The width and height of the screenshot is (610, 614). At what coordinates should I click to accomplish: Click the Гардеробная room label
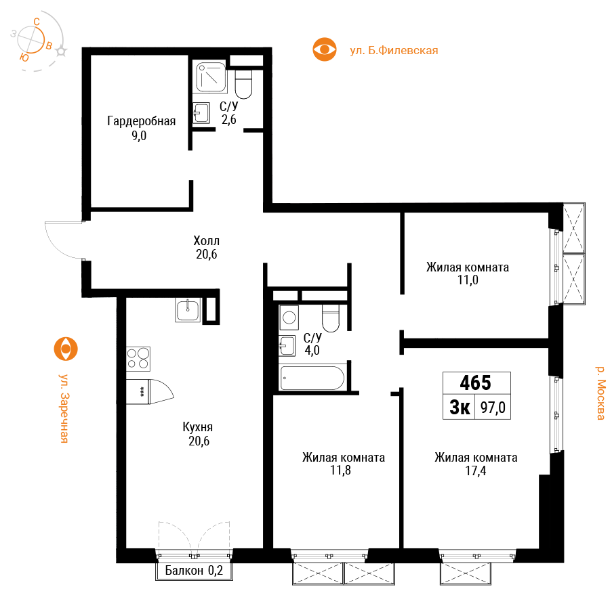tap(141, 121)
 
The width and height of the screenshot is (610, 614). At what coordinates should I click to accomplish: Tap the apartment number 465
tap(476, 382)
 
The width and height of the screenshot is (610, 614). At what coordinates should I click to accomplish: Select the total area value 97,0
tap(493, 408)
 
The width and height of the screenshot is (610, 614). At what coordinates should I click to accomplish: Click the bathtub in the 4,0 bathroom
tap(312, 378)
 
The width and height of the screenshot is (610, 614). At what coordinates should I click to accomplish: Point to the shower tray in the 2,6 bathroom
tap(211, 76)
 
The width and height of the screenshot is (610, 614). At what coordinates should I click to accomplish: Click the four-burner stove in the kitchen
tap(138, 359)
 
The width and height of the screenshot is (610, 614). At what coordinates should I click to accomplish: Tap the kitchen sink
tap(188, 310)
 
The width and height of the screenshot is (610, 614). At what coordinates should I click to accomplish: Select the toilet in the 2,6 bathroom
tap(243, 84)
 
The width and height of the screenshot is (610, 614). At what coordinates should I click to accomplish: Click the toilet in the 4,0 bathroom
tap(331, 318)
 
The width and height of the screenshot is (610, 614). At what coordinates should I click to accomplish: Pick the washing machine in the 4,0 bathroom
tap(289, 317)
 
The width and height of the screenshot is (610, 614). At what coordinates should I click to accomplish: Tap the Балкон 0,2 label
tap(194, 571)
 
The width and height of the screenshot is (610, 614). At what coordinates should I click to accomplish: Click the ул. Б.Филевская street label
tap(394, 51)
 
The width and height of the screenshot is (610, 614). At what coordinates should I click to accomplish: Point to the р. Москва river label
tap(601, 393)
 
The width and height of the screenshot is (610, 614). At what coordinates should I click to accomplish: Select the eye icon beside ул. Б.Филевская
tap(324, 49)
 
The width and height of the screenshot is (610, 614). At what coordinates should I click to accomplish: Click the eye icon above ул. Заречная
tap(66, 349)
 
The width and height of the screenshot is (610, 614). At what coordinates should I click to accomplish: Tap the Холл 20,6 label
tap(207, 247)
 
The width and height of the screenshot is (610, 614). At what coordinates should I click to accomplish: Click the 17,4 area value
tap(476, 470)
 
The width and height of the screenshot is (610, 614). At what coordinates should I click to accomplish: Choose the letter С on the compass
tap(37, 22)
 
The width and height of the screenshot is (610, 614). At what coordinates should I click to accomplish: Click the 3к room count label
tap(460, 408)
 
